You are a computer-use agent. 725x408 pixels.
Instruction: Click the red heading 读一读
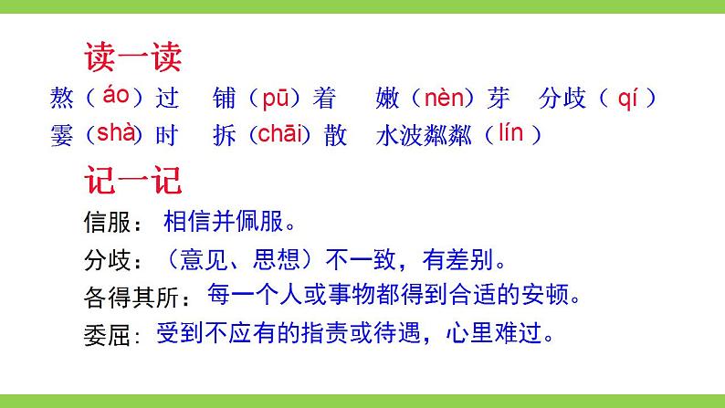(133, 57)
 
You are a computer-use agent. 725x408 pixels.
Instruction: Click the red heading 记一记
(133, 179)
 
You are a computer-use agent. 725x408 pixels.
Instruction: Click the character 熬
(63, 98)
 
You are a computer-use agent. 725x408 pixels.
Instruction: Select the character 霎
(63, 135)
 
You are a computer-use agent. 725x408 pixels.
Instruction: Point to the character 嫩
(389, 98)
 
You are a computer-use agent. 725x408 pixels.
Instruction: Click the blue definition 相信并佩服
(230, 221)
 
